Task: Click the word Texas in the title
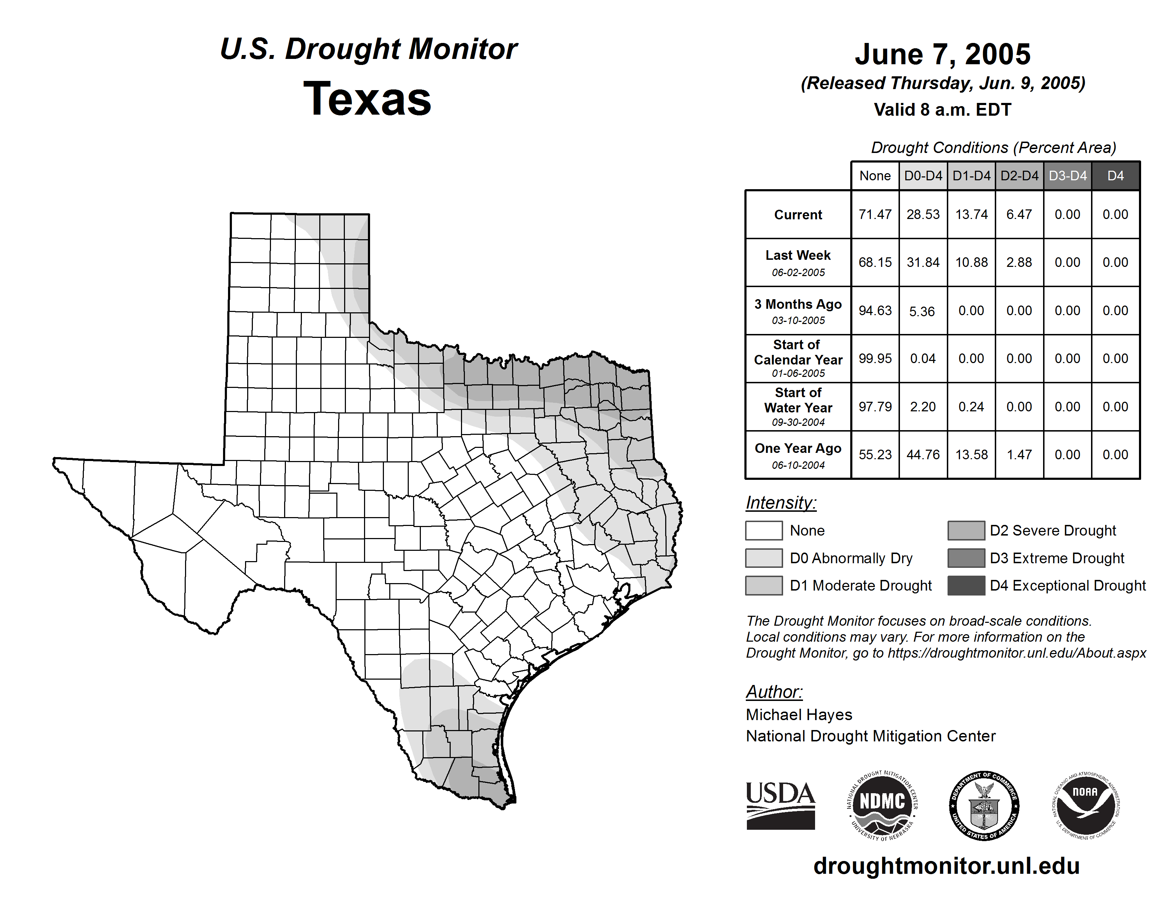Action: [x=367, y=99]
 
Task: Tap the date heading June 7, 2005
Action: [x=942, y=54]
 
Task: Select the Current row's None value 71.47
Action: [x=875, y=214]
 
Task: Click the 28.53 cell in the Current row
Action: [x=923, y=214]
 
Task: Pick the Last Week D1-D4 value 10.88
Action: [x=971, y=262]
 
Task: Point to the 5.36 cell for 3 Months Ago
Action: [x=922, y=311]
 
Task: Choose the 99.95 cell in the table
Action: [x=875, y=358]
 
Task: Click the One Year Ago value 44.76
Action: [x=923, y=455]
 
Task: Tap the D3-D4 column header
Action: [x=1067, y=176]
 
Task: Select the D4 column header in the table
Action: [x=1115, y=176]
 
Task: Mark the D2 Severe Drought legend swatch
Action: [x=966, y=530]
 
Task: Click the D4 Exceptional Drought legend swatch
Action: [x=966, y=586]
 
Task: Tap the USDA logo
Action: [x=780, y=805]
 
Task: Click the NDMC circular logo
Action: [x=882, y=805]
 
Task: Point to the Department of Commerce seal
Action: [x=984, y=805]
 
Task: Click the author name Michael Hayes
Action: [x=798, y=715]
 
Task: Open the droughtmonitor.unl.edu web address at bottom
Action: [x=946, y=866]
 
